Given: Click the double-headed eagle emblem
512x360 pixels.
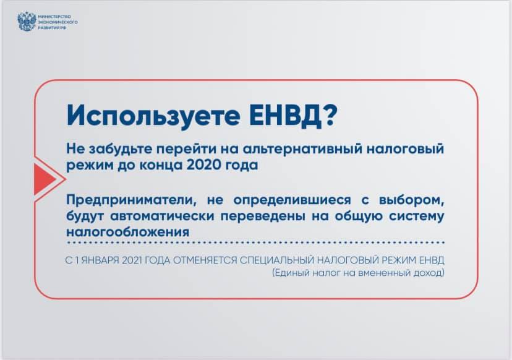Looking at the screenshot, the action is tap(27, 22).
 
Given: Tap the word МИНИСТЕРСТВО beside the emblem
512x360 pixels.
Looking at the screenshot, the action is tap(54, 17).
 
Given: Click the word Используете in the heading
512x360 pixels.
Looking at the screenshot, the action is tap(153, 115).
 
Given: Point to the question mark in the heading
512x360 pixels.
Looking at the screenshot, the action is tap(330, 115).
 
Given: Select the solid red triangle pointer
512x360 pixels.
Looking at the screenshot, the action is tap(45, 179).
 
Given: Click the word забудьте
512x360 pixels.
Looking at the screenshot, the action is tap(121, 148).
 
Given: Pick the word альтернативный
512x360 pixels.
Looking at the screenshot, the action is tap(303, 148).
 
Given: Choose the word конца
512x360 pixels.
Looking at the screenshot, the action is tap(161, 166).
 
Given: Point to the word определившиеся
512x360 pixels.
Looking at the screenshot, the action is tap(292, 200).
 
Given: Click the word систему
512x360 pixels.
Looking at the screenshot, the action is tap(417, 216).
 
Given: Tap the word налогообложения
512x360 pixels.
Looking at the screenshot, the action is tap(127, 232).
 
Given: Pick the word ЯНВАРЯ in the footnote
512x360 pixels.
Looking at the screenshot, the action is tap(100, 260).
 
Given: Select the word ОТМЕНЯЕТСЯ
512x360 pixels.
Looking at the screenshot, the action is tap(205, 260).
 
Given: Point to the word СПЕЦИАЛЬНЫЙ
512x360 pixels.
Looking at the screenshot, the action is tap(277, 260).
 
